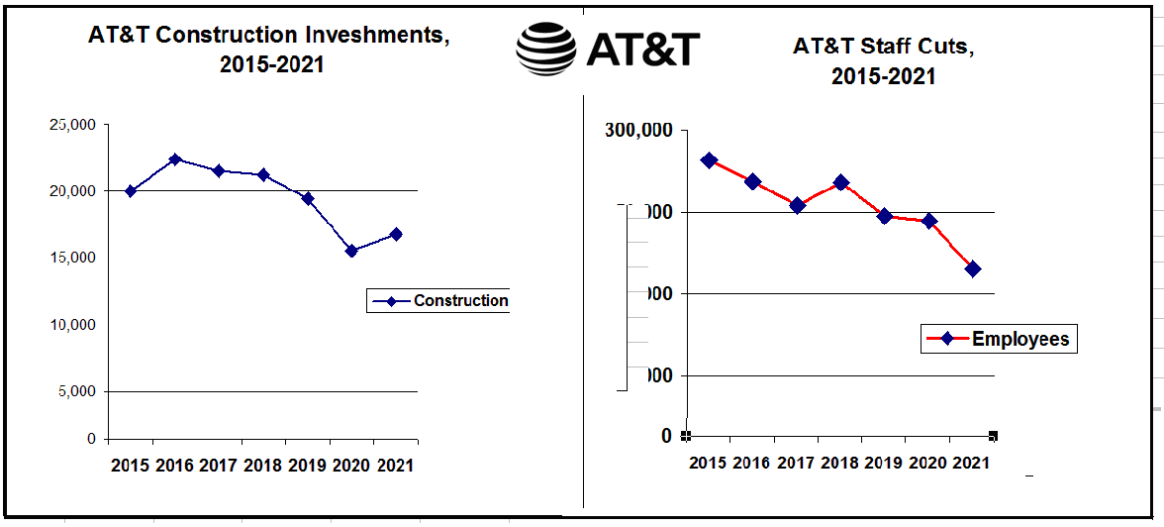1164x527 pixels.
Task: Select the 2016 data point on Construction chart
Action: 175,159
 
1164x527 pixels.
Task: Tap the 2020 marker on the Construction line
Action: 351,251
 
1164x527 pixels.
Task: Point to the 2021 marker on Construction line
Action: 396,234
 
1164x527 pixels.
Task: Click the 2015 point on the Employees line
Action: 709,160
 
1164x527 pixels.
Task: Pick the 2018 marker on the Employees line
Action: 841,182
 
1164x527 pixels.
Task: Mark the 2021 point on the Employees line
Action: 973,268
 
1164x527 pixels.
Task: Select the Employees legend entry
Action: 997,339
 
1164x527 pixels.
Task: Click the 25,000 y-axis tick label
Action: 71,125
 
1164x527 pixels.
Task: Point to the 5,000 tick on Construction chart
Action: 76,391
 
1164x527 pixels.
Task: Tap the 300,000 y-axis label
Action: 639,131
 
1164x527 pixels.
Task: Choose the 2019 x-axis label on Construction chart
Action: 307,465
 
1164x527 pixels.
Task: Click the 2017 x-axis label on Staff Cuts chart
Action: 797,463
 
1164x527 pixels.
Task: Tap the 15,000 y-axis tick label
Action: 71,258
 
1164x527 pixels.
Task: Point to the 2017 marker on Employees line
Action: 797,205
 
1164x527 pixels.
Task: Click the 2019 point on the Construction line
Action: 308,198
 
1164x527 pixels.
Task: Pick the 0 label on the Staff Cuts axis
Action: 666,436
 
